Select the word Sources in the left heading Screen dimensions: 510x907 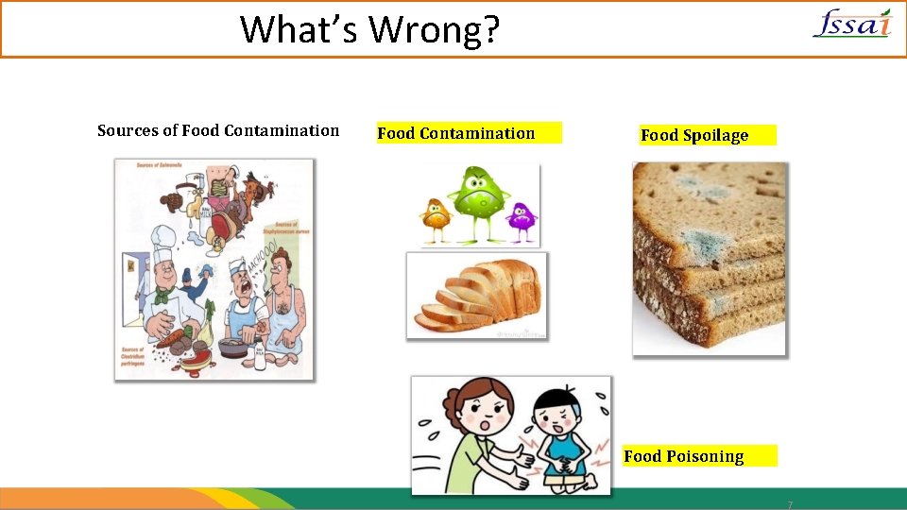(x=128, y=130)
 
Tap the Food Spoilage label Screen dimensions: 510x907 (x=694, y=135)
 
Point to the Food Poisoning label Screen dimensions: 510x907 (x=683, y=456)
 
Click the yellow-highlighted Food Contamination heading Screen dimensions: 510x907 (x=456, y=133)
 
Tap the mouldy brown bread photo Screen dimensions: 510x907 (x=709, y=258)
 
